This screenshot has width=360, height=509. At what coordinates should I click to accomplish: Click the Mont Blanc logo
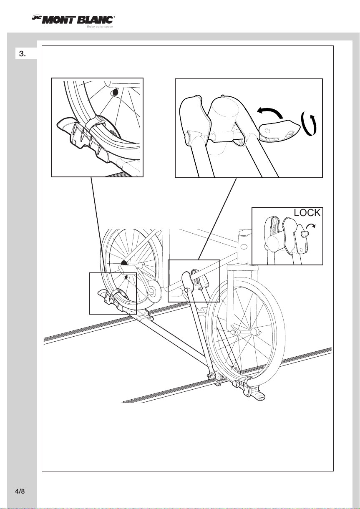(73, 20)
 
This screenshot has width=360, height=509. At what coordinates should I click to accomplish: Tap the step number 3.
(22, 54)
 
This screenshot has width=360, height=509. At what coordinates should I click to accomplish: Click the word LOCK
(307, 213)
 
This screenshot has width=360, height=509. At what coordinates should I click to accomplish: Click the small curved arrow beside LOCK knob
(311, 226)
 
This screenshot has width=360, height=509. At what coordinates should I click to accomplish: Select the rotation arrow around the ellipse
(308, 124)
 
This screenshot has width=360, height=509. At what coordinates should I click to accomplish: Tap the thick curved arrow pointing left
(270, 113)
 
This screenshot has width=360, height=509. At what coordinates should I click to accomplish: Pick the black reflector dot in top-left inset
(116, 93)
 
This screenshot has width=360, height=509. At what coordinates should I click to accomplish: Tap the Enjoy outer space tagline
(100, 27)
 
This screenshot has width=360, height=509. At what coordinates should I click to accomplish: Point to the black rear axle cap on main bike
(124, 263)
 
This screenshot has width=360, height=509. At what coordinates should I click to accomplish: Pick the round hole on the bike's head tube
(244, 247)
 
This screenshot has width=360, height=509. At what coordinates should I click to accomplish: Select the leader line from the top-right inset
(217, 218)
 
